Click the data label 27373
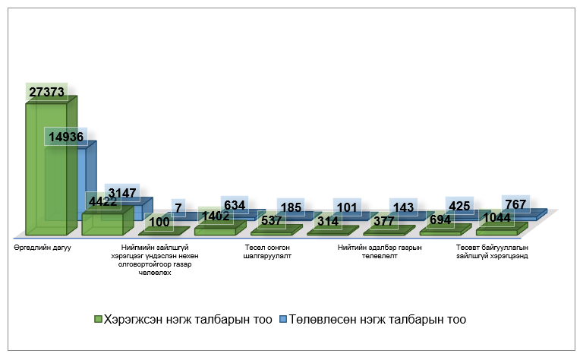pyautogui.click(x=46, y=92)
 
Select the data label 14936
pyautogui.click(x=66, y=137)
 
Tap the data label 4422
pyautogui.click(x=102, y=202)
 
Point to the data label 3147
pyautogui.click(x=121, y=193)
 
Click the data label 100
pyautogui.click(x=159, y=222)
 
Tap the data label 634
pyautogui.click(x=235, y=206)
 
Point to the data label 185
pyautogui.click(x=290, y=207)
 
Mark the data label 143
pyautogui.click(x=402, y=207)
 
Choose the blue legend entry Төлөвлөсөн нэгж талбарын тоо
pyautogui.click(x=372, y=320)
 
